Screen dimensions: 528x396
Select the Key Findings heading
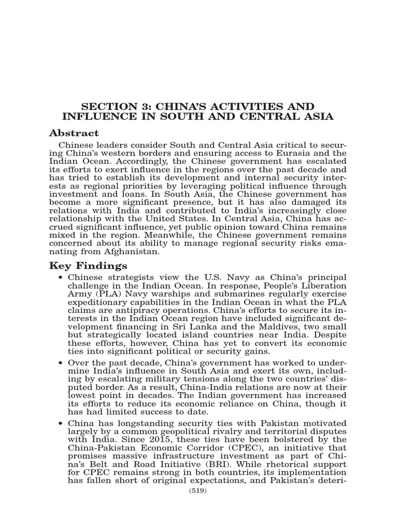tap(88, 266)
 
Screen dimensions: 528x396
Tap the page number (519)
tap(198, 491)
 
